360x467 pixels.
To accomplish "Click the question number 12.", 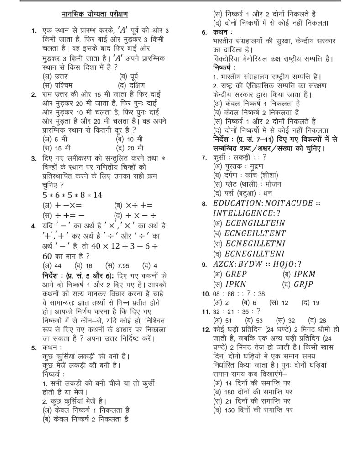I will click(x=204, y=329).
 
